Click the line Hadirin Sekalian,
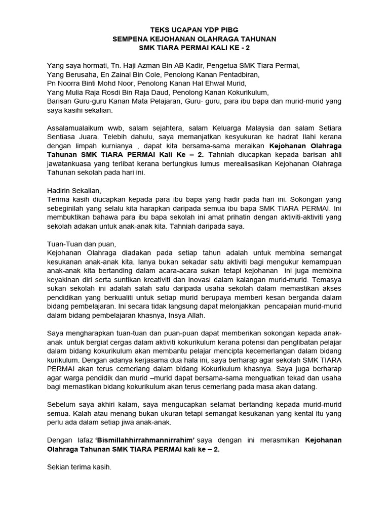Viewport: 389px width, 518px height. (x=74, y=191)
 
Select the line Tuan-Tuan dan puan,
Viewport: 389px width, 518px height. (x=81, y=243)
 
